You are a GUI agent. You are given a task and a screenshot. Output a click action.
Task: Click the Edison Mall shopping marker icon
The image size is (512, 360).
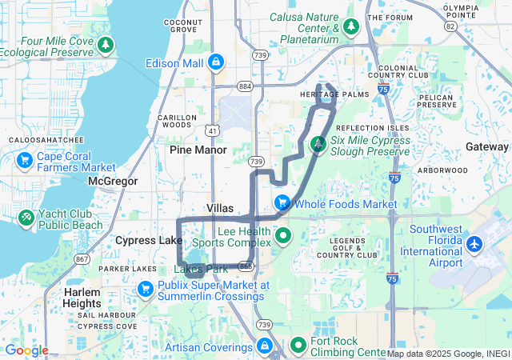215,62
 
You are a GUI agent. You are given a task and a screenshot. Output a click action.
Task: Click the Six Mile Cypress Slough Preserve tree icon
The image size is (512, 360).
318,145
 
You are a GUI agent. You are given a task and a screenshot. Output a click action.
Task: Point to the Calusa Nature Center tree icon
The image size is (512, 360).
350,26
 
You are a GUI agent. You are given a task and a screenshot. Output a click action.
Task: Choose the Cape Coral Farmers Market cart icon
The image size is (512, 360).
24,160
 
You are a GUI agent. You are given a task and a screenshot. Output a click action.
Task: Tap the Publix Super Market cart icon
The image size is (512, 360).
146,288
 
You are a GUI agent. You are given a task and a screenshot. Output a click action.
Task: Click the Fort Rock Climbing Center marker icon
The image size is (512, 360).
298,345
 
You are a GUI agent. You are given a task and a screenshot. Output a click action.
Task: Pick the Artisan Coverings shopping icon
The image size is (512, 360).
263,346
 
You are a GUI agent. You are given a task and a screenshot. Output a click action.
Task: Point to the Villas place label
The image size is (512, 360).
220,207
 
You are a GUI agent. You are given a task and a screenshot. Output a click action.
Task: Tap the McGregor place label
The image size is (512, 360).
113,182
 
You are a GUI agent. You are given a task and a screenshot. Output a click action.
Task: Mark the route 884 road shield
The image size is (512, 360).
245,86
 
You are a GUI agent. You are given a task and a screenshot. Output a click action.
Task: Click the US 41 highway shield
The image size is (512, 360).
211,129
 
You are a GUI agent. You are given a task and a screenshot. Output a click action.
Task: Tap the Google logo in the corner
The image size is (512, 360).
26,350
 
